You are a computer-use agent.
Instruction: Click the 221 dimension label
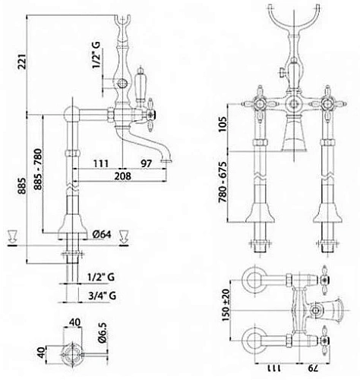click(22, 61)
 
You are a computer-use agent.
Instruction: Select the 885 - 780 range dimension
click(38, 169)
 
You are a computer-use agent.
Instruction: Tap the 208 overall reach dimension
click(122, 176)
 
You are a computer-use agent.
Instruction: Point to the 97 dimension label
click(146, 163)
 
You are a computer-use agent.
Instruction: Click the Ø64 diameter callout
click(102, 234)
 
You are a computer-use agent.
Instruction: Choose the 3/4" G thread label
click(103, 296)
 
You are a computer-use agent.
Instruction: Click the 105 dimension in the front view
click(223, 124)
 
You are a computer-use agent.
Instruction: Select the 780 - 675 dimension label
click(223, 182)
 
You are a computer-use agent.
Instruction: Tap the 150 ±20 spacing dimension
click(226, 305)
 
